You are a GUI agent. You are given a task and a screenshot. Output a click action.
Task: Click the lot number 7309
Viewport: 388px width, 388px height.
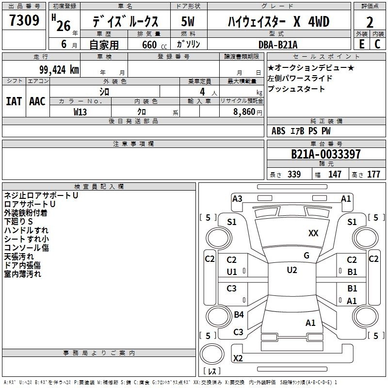(24, 20)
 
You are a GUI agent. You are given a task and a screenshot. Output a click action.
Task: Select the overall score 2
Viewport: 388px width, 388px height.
(370, 22)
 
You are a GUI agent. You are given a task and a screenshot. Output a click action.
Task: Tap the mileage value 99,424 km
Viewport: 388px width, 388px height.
(59, 70)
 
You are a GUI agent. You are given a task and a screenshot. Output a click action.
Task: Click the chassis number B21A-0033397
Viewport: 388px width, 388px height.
(325, 154)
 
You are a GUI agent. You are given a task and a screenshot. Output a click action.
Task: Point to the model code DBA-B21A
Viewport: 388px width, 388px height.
(278, 45)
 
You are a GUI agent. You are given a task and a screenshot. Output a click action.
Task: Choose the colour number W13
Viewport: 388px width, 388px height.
(80, 112)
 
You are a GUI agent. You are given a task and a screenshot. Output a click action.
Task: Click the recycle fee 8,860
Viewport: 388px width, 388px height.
(244, 112)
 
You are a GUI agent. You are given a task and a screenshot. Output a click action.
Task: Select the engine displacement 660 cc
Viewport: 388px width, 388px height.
(154, 45)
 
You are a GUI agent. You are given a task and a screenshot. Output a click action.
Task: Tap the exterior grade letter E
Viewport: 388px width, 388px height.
(362, 44)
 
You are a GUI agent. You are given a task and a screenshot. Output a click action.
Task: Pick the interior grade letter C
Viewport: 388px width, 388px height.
(377, 44)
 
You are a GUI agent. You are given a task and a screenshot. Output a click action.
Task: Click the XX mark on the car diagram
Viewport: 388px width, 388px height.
(313, 233)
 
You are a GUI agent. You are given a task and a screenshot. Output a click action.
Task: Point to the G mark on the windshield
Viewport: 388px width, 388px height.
(307, 256)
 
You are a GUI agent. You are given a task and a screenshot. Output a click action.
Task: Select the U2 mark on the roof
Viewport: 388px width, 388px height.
(292, 270)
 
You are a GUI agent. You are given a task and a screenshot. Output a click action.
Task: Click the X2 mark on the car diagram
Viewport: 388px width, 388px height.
(238, 358)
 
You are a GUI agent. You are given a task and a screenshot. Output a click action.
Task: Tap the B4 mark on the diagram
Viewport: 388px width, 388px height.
(239, 314)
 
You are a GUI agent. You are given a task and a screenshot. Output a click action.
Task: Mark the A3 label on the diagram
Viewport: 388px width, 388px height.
(237, 199)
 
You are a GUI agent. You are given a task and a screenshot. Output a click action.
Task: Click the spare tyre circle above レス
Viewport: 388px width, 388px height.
(212, 355)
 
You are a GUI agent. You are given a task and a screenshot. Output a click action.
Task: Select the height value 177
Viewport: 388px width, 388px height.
(373, 175)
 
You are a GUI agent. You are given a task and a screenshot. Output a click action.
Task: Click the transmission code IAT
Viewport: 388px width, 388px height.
(14, 101)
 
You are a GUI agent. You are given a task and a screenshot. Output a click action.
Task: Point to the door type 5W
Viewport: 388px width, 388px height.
(188, 21)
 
